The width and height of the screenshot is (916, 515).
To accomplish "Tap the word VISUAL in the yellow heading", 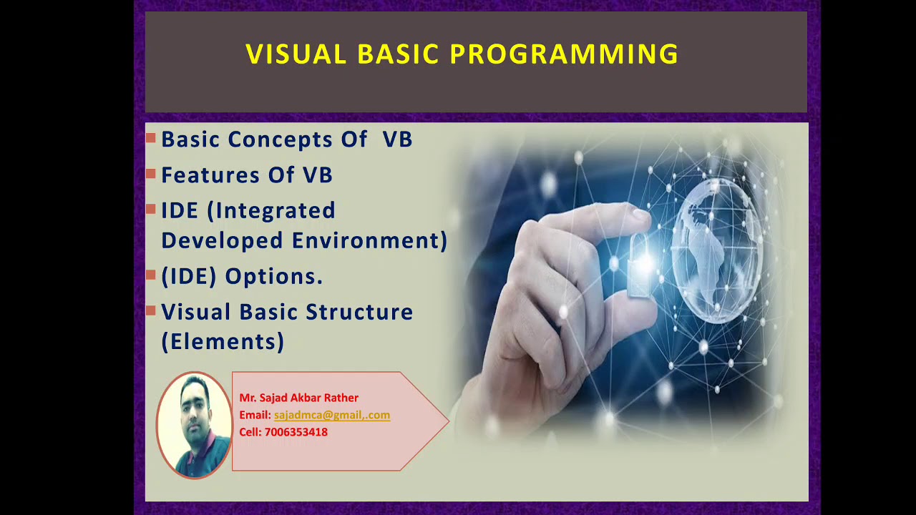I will coord(296,55).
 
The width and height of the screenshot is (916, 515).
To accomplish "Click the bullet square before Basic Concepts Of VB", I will coord(150,137).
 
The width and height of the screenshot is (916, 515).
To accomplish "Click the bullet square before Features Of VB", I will coord(150,173).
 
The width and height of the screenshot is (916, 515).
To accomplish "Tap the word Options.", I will coord(274,277).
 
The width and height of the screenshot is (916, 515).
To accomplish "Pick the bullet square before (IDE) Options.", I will coord(150,275).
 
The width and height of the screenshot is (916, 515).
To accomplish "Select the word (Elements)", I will coord(223,342).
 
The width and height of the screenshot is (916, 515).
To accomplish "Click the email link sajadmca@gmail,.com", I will coord(331,415).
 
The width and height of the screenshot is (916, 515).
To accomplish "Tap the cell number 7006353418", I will coord(296,432).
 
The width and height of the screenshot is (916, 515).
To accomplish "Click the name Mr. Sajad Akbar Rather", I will coord(298,398).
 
